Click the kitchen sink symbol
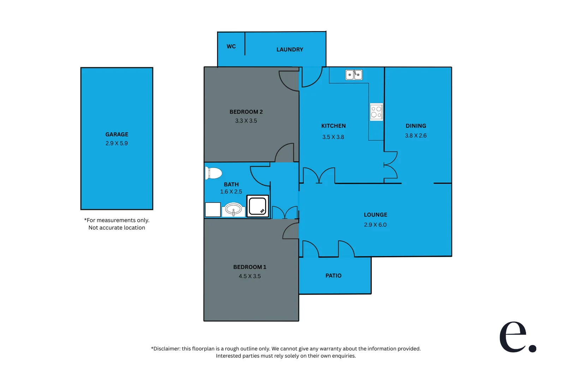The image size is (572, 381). point(354,75)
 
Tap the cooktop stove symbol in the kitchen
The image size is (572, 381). point(376,112)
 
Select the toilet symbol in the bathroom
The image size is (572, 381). point(214,173)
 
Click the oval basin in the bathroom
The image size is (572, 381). point(233,210)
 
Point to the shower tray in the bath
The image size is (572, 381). point(257,206)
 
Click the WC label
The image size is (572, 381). point(231,47)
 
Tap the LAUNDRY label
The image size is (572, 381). point(290,50)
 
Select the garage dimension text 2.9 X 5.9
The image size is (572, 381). point(117,143)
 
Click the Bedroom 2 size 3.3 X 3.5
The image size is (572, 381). point(246,121)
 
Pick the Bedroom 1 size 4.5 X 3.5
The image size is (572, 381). point(250,276)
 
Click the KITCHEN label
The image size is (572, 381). point(333,126)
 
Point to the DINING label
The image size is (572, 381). point(416,126)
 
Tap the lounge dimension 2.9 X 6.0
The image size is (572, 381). point(375,225)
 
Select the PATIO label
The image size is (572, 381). point(333,276)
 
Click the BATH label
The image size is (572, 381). point(231,185)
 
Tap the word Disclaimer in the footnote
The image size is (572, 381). point(166,349)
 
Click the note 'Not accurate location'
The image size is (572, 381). point(117,228)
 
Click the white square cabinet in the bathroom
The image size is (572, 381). point(213,210)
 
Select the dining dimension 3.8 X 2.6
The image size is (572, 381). point(416,136)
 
